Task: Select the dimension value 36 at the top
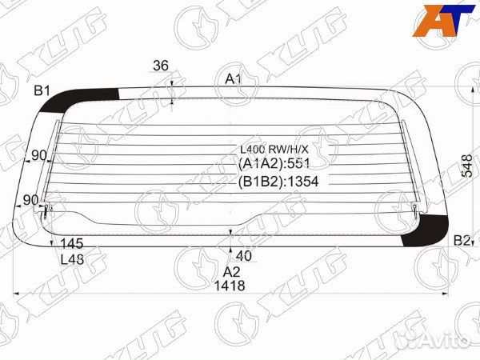coord(160,66)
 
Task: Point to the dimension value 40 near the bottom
coord(244,256)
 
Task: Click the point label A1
coord(233,78)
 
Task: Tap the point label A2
coord(231,271)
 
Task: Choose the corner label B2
coord(462,240)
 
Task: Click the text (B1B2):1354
coord(278,182)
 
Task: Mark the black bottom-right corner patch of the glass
coord(422,230)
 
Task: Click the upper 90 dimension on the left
coord(38,154)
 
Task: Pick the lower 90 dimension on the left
coord(30,199)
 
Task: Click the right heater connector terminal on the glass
coord(416,210)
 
